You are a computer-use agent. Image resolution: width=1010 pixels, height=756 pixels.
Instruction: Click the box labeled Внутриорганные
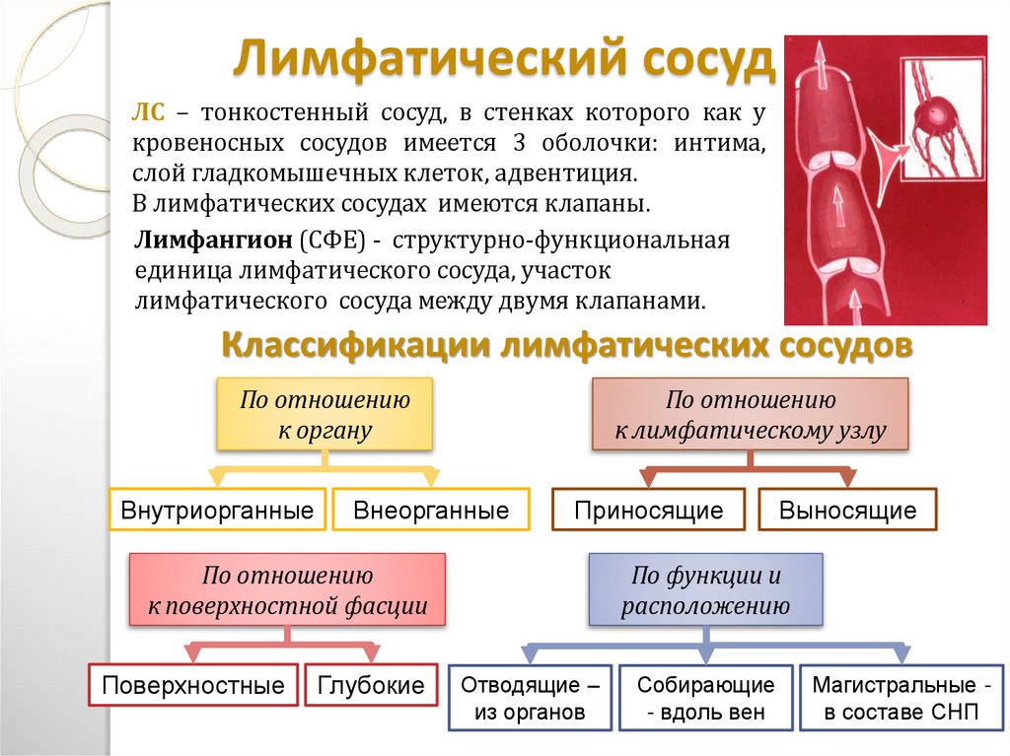217,511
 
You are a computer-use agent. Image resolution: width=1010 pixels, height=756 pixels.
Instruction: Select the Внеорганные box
431,511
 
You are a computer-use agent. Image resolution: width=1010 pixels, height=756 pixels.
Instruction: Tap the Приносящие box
649,511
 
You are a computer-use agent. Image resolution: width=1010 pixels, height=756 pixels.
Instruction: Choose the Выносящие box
847,511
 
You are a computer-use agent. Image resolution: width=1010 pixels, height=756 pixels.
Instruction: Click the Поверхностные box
193,685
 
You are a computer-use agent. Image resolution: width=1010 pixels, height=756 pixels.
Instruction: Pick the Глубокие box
371,685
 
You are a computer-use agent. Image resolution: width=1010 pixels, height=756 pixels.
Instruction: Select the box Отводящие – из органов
530,698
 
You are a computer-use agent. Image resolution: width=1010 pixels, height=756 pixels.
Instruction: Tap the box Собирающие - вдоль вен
704,698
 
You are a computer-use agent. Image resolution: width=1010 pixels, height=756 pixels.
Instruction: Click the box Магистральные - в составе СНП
896,698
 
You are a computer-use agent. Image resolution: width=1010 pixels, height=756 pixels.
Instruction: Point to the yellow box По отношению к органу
325,415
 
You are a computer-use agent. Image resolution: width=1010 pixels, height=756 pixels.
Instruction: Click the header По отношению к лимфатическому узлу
751,415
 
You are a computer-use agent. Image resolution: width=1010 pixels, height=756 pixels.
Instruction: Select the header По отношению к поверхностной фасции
287,590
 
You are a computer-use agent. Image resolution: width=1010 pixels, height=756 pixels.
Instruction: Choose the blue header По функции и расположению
705,590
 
